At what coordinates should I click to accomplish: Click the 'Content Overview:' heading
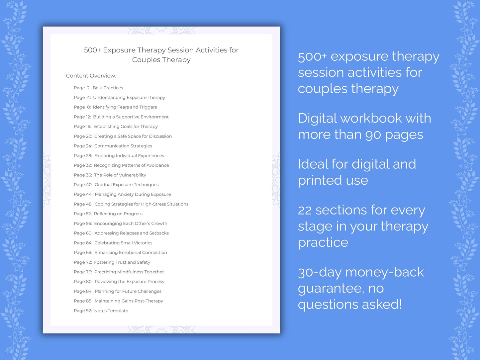(91, 76)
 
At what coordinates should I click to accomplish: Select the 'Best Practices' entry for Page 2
(108, 88)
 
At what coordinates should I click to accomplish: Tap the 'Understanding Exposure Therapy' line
(129, 98)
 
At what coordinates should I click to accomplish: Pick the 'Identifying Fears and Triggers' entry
(125, 107)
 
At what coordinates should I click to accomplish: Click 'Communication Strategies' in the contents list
(123, 146)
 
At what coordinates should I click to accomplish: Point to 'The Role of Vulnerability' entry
(120, 175)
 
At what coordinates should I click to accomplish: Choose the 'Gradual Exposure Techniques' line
(127, 185)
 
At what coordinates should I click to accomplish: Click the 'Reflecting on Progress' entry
(118, 214)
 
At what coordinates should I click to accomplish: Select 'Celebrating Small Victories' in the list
(123, 243)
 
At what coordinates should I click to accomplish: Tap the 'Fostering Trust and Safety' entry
(122, 262)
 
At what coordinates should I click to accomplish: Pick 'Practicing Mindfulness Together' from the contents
(129, 272)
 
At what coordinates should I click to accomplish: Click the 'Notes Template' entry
(111, 311)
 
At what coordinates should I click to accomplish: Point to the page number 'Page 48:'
(83, 204)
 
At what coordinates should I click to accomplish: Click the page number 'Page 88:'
(83, 301)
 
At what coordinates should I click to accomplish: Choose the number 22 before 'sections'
(305, 211)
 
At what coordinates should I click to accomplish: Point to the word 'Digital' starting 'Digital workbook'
(317, 119)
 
